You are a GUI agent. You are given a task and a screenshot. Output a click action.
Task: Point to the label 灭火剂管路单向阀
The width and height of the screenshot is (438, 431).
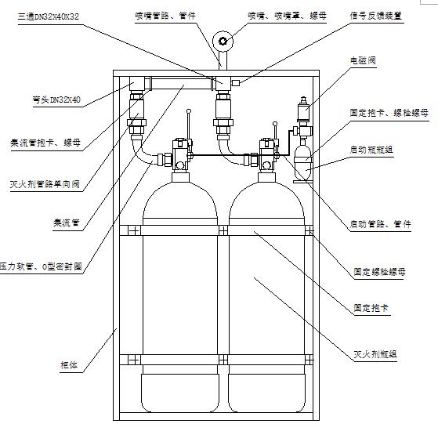point(45,183)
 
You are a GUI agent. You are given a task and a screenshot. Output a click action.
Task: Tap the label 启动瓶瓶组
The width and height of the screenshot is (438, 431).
point(372,148)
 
